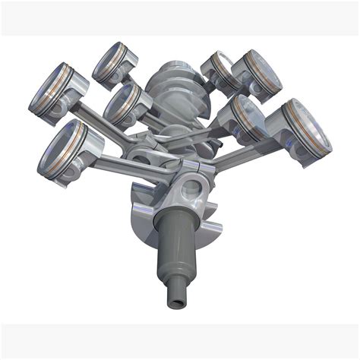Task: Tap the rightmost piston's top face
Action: tap(311, 122)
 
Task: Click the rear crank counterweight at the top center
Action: tap(172, 84)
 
